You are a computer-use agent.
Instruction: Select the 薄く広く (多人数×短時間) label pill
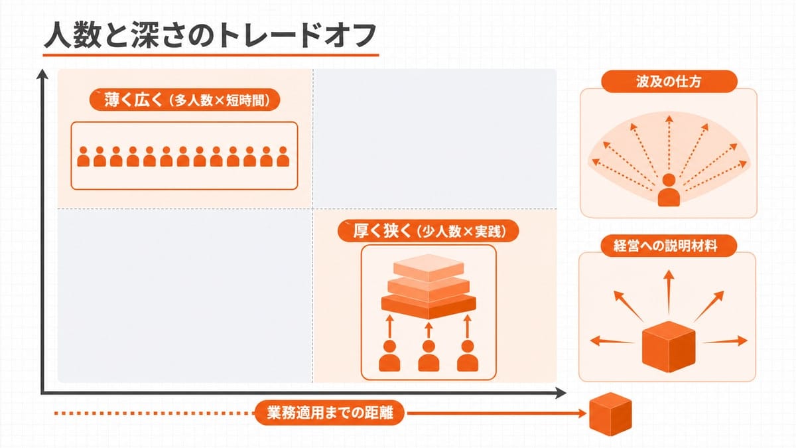click(185, 100)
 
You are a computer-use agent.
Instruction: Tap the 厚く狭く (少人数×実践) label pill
click(429, 232)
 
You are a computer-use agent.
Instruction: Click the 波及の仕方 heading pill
click(669, 82)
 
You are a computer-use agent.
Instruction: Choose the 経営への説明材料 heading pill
click(669, 246)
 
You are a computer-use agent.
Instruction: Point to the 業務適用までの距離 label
click(330, 413)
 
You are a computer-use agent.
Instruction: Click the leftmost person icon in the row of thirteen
click(83, 157)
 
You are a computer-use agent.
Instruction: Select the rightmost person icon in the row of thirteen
click(283, 157)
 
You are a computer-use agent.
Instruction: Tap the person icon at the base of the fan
click(669, 190)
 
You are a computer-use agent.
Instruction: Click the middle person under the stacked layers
click(429, 356)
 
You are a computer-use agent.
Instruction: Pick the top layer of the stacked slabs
click(429, 267)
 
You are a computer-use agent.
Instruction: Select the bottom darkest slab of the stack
click(429, 307)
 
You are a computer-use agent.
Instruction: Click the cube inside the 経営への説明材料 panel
click(669, 346)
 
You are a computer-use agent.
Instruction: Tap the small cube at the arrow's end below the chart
click(610, 414)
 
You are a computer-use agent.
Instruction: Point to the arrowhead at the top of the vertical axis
click(42, 74)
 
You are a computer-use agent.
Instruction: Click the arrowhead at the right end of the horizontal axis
click(561, 393)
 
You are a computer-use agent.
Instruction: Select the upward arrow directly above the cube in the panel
click(669, 292)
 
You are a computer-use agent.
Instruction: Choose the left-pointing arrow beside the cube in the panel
click(612, 341)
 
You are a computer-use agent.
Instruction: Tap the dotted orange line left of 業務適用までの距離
click(155, 413)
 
